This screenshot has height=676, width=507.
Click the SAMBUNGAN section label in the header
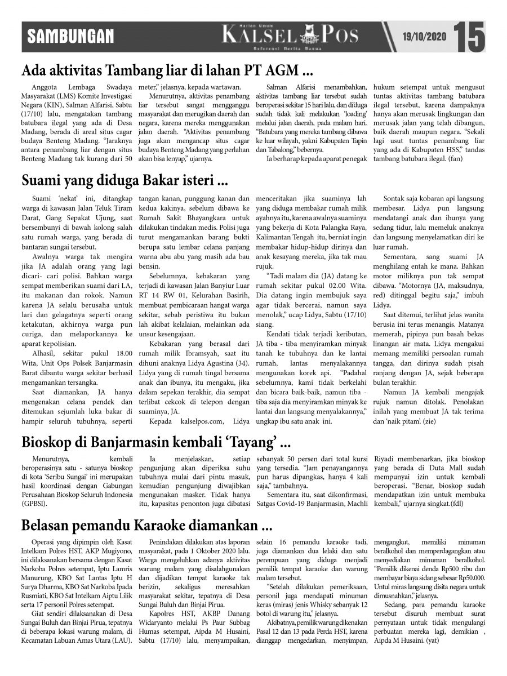point(71,37)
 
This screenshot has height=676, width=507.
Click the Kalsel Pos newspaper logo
point(290,36)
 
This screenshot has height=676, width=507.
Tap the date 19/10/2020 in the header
point(424,37)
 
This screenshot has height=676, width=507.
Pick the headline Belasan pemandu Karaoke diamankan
point(147,526)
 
